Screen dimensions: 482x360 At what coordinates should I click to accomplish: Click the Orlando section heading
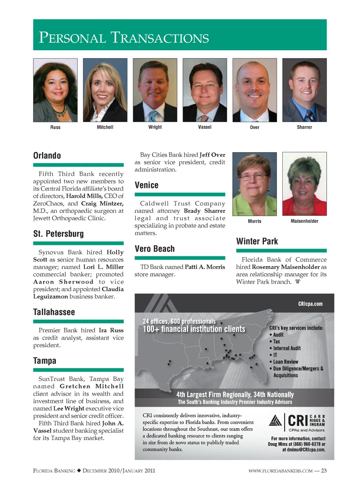click(x=47, y=156)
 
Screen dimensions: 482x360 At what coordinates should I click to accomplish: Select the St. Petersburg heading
click(x=58, y=234)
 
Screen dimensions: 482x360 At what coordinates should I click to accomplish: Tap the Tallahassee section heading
click(x=54, y=312)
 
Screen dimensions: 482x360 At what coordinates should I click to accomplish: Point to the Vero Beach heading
click(x=154, y=249)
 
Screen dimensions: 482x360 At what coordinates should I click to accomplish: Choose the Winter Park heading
click(x=257, y=242)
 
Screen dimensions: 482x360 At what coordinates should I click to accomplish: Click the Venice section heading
click(x=146, y=185)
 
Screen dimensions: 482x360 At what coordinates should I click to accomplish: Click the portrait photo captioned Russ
click(x=55, y=90)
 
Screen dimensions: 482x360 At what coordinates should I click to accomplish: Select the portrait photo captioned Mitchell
click(x=105, y=90)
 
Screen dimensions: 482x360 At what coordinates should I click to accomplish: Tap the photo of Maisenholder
click(x=304, y=184)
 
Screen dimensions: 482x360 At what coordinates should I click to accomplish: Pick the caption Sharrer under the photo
click(x=304, y=127)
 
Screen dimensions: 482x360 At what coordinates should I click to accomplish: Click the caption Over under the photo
click(x=255, y=128)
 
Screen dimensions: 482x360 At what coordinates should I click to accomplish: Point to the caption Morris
click(x=255, y=221)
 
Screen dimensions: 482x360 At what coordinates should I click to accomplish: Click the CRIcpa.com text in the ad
click(x=310, y=304)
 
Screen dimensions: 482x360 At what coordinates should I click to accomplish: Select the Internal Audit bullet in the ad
click(x=287, y=348)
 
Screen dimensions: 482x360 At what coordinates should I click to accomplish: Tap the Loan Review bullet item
click(x=285, y=362)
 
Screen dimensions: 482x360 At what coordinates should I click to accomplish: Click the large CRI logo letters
click(x=298, y=421)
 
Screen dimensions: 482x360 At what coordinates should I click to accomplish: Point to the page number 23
click(x=324, y=471)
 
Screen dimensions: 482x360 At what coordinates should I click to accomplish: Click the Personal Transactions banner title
click(x=124, y=38)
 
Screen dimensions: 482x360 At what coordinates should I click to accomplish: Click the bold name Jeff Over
click(x=212, y=155)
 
